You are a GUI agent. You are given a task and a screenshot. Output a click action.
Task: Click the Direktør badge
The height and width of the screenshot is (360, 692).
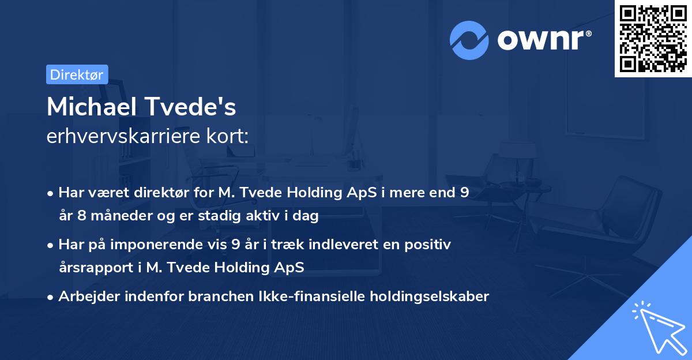77,74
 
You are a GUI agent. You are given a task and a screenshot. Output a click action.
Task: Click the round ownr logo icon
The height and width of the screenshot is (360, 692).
469,40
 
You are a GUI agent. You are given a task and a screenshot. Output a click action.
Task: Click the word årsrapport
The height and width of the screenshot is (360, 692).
96,268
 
